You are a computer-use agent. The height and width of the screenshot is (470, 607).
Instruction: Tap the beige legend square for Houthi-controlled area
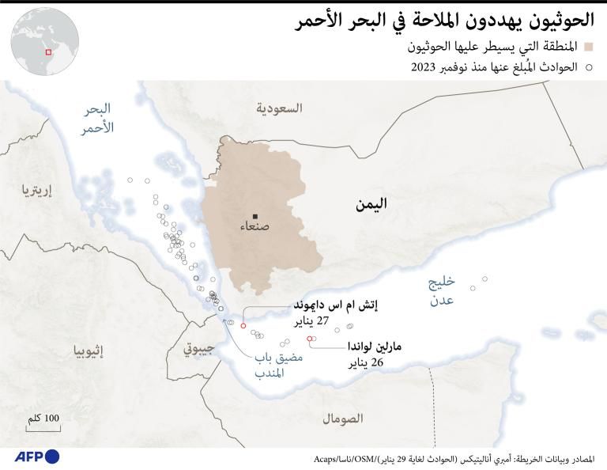(x=589, y=47)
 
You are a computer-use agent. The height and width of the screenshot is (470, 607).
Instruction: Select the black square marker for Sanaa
(x=254, y=216)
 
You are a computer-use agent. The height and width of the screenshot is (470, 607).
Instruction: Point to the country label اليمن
(x=371, y=204)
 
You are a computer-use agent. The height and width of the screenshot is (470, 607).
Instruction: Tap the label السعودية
(x=278, y=108)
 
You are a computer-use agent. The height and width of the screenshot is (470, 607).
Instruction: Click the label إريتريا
(x=36, y=190)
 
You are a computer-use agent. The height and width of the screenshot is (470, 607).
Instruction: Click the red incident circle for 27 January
(x=243, y=325)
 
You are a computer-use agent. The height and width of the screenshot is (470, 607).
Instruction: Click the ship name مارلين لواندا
(x=375, y=347)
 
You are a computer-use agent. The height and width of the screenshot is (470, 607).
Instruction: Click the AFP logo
(x=36, y=457)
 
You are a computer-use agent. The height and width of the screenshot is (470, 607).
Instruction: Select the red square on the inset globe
(x=48, y=51)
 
